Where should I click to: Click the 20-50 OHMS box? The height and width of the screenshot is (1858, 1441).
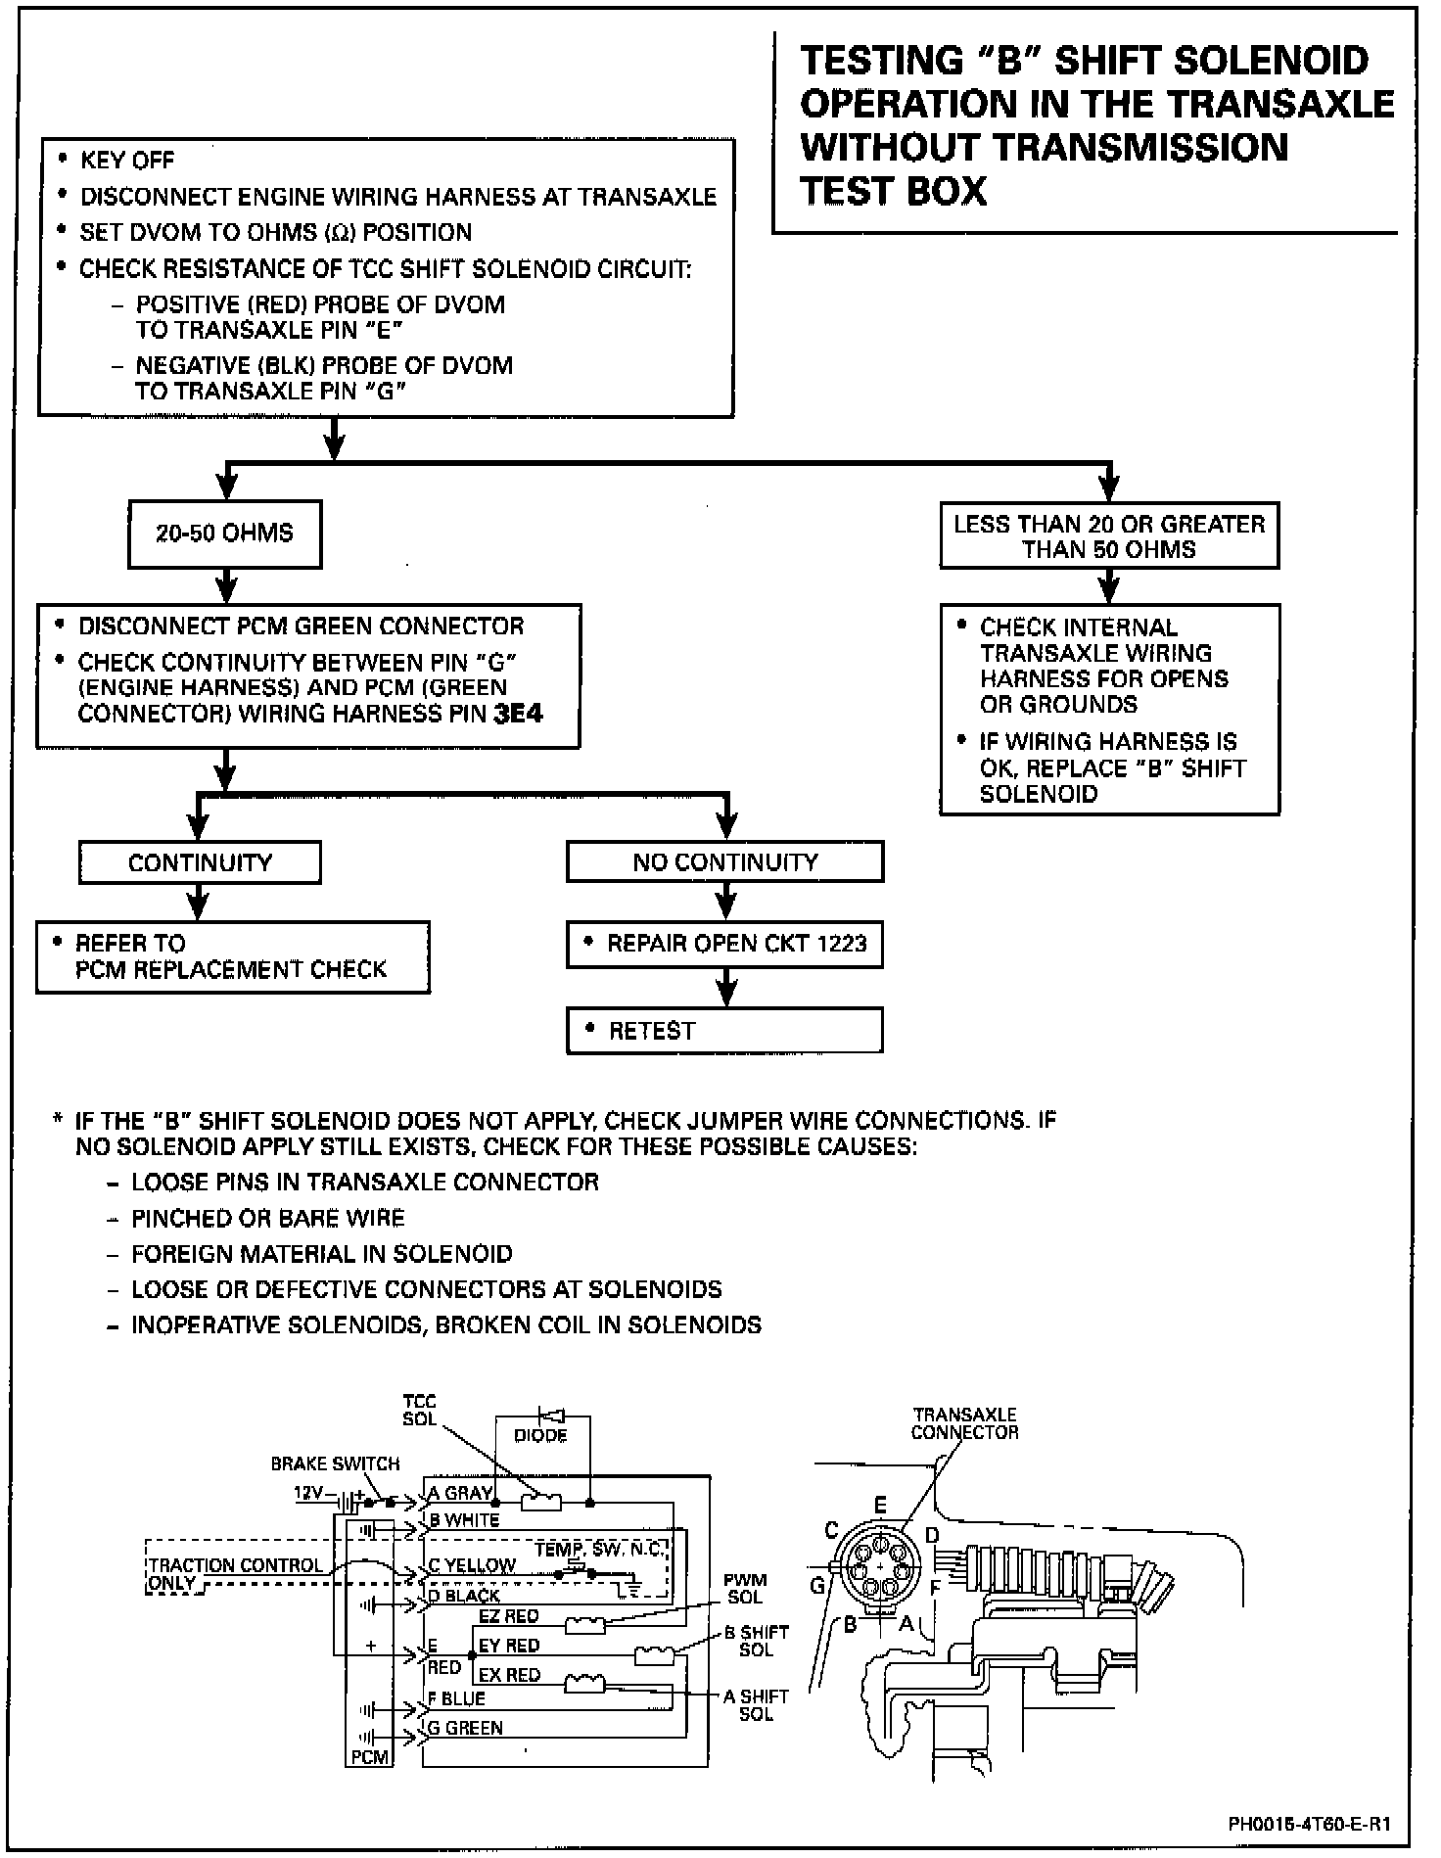[224, 534]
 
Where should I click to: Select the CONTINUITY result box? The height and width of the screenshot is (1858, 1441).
[200, 862]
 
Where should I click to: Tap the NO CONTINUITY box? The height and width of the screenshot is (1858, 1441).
[724, 862]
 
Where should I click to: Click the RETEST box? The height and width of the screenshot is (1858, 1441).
[724, 1031]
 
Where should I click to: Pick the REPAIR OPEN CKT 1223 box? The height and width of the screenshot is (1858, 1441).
[724, 944]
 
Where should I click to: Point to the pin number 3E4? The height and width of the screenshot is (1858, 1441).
[518, 714]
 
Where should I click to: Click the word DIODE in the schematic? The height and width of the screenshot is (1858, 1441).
[540, 1435]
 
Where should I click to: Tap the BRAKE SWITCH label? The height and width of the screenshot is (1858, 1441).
[335, 1463]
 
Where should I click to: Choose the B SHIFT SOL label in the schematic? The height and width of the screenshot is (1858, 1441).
[756, 1641]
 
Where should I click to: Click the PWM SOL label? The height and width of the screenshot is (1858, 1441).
[745, 1588]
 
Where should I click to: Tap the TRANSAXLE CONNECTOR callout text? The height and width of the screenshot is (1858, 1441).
[964, 1423]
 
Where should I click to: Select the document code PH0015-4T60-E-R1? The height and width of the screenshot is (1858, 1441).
[1309, 1824]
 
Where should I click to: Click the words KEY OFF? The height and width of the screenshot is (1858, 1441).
[127, 160]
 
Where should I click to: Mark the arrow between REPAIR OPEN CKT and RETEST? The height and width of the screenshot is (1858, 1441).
[725, 988]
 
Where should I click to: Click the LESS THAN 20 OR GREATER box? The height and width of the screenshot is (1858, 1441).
[1109, 535]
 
